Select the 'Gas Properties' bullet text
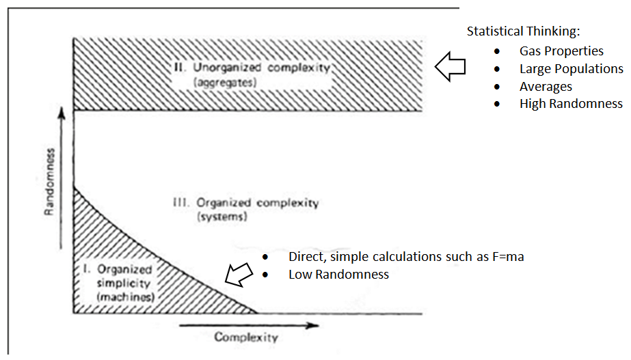pyautogui.click(x=561, y=51)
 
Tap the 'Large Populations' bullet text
pyautogui.click(x=571, y=69)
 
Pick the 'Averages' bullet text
pyautogui.click(x=546, y=87)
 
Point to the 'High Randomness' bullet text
pyautogui.click(x=571, y=104)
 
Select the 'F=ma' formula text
pyautogui.click(x=508, y=257)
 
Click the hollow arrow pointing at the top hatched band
pyautogui.click(x=450, y=67)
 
